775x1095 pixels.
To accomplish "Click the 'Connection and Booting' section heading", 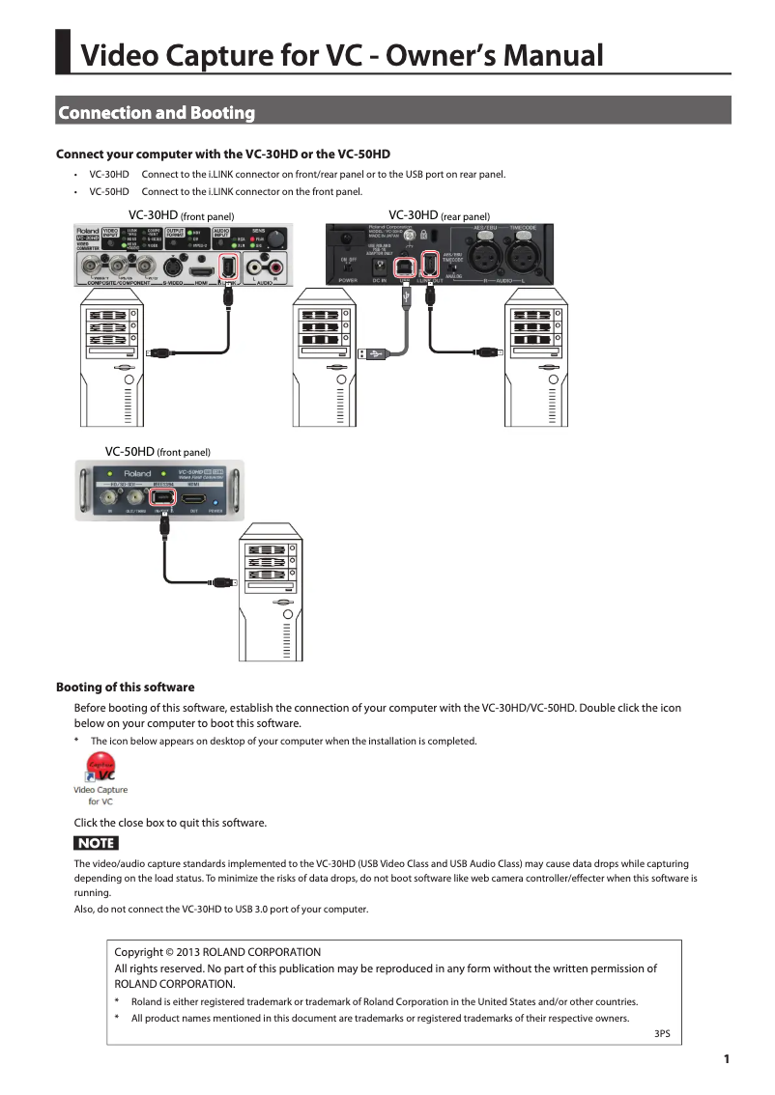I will click(157, 113).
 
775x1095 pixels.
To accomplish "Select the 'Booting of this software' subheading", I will click(126, 688).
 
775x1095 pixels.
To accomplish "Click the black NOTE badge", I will click(97, 843).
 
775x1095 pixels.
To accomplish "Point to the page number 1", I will click(726, 1059).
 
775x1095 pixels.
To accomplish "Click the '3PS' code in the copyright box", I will click(662, 1033).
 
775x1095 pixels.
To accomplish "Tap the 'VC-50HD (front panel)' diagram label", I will click(158, 451).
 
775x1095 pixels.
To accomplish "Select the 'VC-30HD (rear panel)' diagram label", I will click(439, 215).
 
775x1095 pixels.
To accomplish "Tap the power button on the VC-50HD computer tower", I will click(286, 603).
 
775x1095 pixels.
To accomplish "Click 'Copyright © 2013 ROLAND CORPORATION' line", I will click(217, 952).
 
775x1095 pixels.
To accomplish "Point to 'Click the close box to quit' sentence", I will click(170, 823).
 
